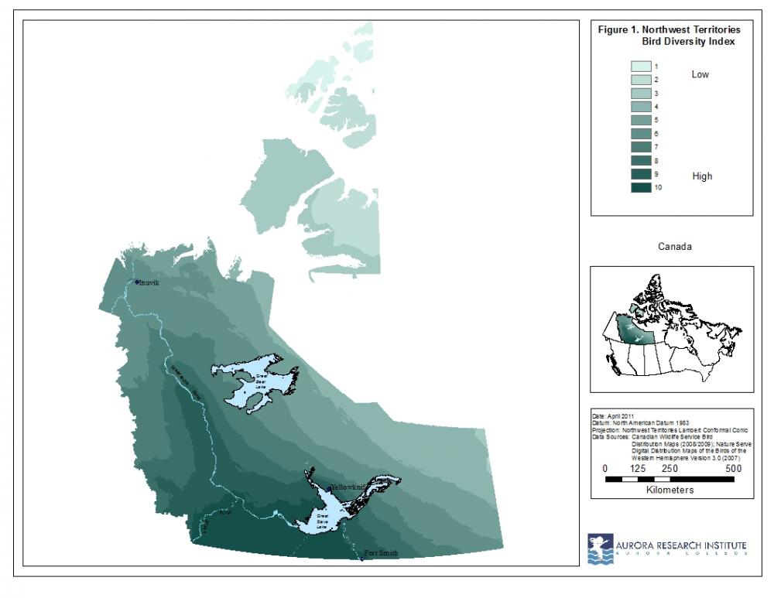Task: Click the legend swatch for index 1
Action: click(641, 67)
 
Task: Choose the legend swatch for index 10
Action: click(641, 186)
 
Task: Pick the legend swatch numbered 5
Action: click(641, 120)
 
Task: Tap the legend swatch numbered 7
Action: click(641, 146)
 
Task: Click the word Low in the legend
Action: click(700, 75)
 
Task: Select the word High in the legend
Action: click(702, 176)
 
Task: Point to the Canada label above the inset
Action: click(674, 247)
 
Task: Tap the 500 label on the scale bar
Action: click(734, 468)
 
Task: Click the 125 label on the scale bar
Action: click(639, 468)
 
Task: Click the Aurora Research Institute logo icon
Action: click(600, 548)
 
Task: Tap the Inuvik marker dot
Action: click(136, 282)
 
